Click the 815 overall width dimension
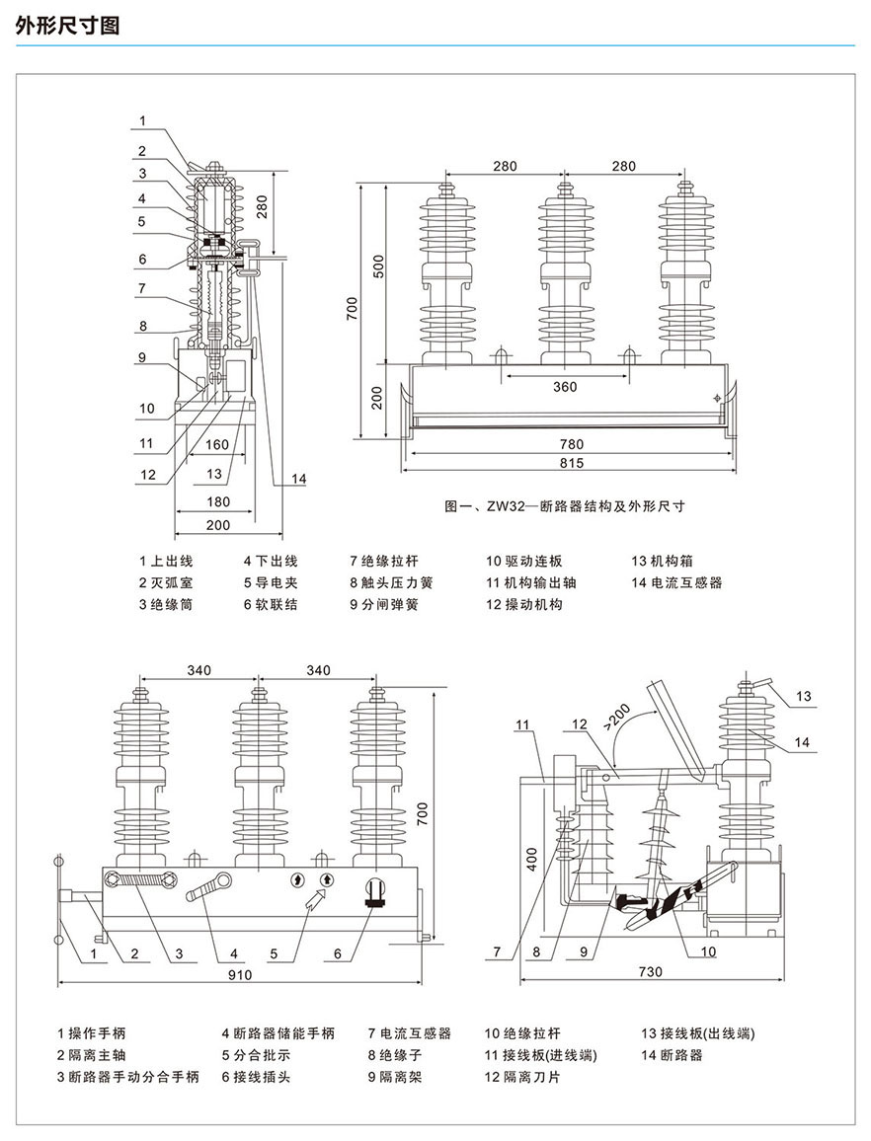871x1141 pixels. (x=571, y=463)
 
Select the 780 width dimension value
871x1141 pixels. (x=571, y=444)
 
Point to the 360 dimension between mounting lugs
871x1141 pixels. (x=565, y=387)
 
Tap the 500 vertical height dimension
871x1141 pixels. (x=376, y=266)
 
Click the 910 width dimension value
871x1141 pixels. (x=241, y=975)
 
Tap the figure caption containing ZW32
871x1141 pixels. (x=565, y=506)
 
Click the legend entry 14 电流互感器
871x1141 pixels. (x=677, y=582)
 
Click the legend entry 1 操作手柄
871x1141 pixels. (x=91, y=1033)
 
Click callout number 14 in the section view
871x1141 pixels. (x=300, y=479)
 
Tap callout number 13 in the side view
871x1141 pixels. (x=804, y=697)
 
